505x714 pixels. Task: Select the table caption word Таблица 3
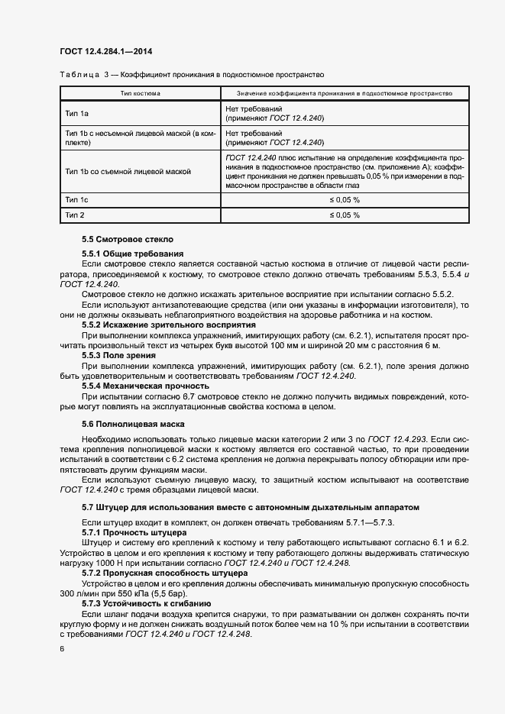click(83, 75)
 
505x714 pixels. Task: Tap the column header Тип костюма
click(141, 93)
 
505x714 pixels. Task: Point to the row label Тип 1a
click(77, 114)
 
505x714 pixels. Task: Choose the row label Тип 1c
click(77, 199)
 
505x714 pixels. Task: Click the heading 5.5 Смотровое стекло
click(128, 239)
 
